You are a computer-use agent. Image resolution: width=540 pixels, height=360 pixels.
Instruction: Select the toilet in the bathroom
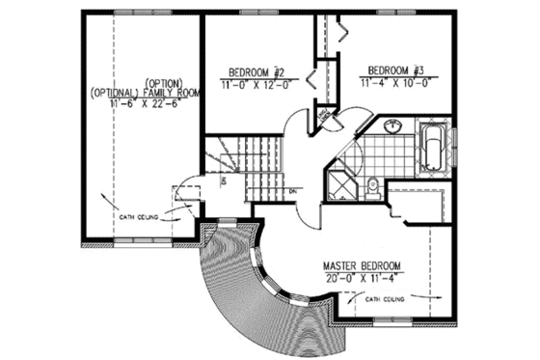coord(375,186)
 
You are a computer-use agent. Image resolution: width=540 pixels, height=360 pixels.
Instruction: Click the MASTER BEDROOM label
coord(361,265)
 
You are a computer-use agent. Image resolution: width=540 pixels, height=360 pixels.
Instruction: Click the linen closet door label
coord(327,116)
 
